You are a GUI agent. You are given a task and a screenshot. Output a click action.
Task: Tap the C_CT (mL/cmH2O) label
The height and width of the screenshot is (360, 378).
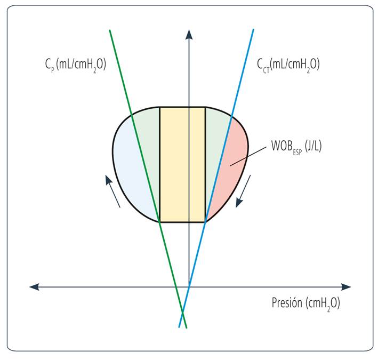pos(288,65)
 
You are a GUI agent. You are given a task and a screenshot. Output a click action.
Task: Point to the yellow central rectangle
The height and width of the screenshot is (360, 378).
pos(182,164)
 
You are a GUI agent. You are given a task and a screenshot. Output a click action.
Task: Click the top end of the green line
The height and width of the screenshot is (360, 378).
pos(110,30)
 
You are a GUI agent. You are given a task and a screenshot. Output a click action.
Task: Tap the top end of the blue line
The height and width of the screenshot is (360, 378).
pos(253,30)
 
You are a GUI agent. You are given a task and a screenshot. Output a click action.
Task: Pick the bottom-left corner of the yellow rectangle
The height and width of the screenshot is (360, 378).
pos(160,221)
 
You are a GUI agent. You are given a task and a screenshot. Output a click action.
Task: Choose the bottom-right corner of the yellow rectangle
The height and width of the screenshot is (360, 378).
pos(205,221)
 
